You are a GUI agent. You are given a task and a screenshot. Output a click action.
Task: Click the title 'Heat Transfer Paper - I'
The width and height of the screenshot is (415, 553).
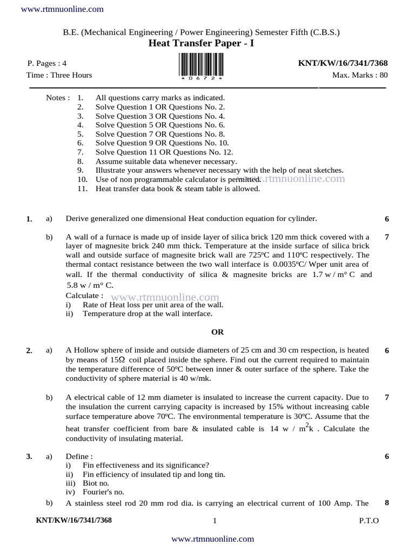(201, 43)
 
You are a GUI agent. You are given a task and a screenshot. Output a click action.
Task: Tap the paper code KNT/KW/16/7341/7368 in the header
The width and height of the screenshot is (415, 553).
(343, 63)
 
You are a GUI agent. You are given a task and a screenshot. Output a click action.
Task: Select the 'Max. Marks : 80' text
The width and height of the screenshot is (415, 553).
(360, 75)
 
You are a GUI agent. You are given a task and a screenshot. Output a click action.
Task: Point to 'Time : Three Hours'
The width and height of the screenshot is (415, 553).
(59, 75)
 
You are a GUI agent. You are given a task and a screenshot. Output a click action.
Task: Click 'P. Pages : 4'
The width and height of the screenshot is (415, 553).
(48, 63)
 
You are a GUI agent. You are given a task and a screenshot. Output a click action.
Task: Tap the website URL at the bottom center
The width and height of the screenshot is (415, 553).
(212, 538)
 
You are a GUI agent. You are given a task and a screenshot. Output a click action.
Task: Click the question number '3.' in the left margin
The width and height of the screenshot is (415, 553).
(29, 457)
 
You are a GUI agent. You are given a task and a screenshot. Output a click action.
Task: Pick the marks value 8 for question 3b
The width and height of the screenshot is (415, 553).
(386, 503)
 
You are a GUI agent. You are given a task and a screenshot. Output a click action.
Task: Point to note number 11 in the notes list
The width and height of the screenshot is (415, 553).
(82, 188)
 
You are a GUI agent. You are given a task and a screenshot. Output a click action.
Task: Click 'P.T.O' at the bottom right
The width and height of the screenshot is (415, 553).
(369, 521)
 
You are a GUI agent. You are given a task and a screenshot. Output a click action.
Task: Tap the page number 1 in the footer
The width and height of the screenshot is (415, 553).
(215, 521)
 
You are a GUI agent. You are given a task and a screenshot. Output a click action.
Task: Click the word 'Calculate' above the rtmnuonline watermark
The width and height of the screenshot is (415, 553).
(84, 295)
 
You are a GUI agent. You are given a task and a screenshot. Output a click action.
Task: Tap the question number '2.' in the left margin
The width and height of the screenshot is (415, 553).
(29, 351)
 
